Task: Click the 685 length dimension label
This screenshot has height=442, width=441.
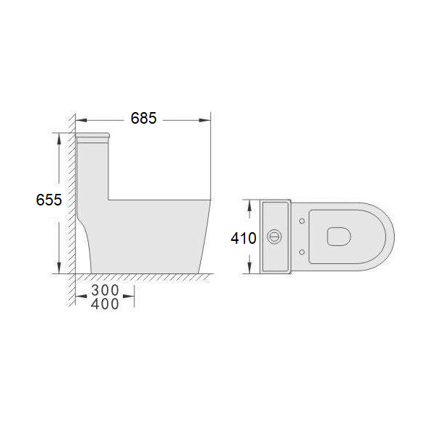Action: pyautogui.click(x=143, y=119)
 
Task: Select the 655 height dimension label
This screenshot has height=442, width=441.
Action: pyautogui.click(x=48, y=200)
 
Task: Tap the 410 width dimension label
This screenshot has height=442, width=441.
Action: pyautogui.click(x=244, y=238)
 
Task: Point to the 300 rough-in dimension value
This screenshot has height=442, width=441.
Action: pyautogui.click(x=105, y=290)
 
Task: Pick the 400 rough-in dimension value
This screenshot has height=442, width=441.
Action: pyautogui.click(x=105, y=304)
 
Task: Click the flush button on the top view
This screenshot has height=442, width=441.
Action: pyautogui.click(x=274, y=237)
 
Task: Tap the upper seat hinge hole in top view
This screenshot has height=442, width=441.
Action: pyautogui.click(x=301, y=221)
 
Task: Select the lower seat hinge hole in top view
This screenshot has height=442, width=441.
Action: pyautogui.click(x=301, y=252)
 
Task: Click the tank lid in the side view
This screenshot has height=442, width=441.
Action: pyautogui.click(x=93, y=136)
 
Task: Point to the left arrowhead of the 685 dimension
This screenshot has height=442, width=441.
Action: pyautogui.click(x=81, y=120)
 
